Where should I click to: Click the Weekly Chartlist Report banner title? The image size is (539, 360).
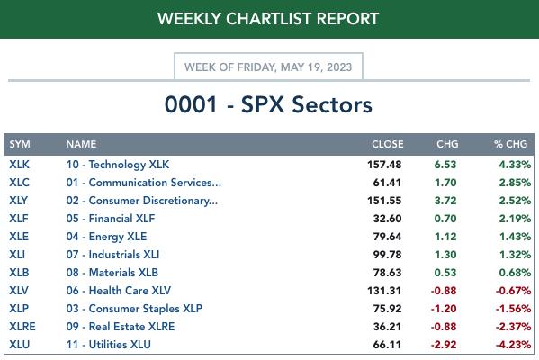point(268,19)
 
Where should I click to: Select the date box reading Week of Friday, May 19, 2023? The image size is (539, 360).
point(268,67)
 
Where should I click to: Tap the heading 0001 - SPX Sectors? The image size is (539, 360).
point(268,104)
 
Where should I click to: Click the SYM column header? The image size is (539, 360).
point(20,144)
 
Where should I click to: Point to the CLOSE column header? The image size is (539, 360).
point(388,144)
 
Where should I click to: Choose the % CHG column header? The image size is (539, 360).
point(510,144)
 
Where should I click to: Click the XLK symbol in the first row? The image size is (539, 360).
point(19,165)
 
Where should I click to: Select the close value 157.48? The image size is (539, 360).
point(384,165)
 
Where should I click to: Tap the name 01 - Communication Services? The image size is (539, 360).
point(144,183)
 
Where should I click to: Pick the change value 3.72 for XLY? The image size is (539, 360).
point(445,201)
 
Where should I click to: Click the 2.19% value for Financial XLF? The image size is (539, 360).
point(515,219)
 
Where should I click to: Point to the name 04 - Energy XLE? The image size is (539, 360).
point(106,237)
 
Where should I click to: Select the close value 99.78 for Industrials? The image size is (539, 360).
point(387,255)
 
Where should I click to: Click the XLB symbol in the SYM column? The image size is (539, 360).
point(19,273)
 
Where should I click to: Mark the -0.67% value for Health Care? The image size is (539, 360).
point(513,291)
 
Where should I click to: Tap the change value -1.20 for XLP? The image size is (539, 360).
point(444,309)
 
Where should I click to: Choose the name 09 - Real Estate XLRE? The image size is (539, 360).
point(121,327)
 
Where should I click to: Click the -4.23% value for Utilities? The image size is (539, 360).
point(513,345)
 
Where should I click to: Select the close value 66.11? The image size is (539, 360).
point(387,345)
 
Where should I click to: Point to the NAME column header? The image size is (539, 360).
point(81,144)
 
